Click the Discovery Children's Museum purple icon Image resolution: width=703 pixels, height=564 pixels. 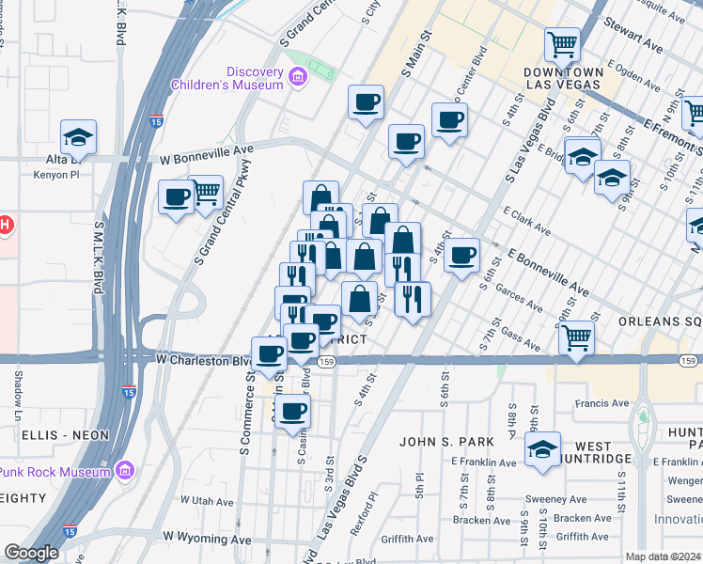point(300,76)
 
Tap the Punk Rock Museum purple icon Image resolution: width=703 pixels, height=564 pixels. point(124,470)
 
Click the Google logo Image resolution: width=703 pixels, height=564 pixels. point(31,552)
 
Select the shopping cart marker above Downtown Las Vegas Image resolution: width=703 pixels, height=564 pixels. point(562,42)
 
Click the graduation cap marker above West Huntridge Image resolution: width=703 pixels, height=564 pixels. point(542,448)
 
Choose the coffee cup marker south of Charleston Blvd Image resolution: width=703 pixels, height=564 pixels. point(292,410)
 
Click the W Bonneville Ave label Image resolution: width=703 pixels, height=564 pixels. point(206,149)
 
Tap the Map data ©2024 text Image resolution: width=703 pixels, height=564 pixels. point(663,556)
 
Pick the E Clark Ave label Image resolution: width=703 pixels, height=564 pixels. point(526,221)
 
